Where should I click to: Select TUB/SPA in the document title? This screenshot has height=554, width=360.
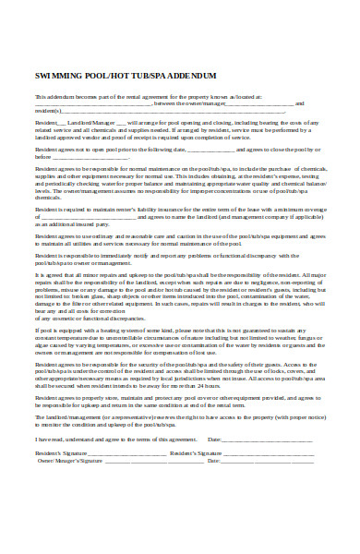[x=145, y=75]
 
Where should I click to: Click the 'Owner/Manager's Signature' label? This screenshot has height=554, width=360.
[x=70, y=460]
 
